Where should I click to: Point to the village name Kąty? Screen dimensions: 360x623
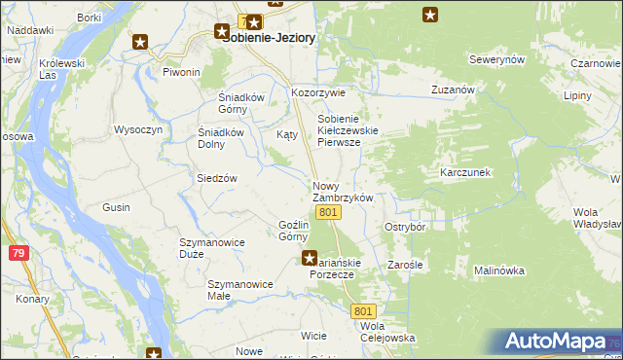(x=286, y=134)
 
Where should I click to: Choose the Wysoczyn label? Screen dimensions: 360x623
(x=137, y=129)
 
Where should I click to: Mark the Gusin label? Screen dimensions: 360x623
(x=117, y=208)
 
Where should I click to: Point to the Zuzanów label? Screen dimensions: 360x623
(x=452, y=90)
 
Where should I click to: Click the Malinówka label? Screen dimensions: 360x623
(x=499, y=270)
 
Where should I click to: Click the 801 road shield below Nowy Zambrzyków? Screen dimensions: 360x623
(x=328, y=212)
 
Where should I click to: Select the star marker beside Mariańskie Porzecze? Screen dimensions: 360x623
(x=309, y=258)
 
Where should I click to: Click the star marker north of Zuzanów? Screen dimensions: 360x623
(x=430, y=14)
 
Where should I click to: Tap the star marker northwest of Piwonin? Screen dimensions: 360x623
(x=141, y=42)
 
